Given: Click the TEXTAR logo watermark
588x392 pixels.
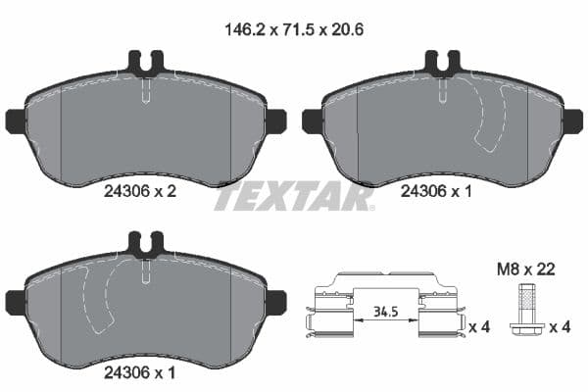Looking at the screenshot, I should (293, 197).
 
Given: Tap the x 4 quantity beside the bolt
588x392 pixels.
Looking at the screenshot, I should (557, 327).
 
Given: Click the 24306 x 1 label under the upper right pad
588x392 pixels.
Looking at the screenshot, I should (437, 193).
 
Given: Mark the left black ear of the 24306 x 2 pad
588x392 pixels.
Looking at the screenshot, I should (16, 122).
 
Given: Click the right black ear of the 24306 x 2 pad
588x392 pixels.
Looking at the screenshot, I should (274, 122).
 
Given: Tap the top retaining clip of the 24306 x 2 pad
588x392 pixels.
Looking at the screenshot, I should (145, 65).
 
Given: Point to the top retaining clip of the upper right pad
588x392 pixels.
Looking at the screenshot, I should (441, 65).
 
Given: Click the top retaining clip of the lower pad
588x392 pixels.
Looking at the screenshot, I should (145, 244).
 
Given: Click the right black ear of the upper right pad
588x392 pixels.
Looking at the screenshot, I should (571, 122).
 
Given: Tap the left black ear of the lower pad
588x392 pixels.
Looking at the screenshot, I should (16, 302).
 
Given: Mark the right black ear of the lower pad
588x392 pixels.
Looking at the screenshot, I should (274, 302).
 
